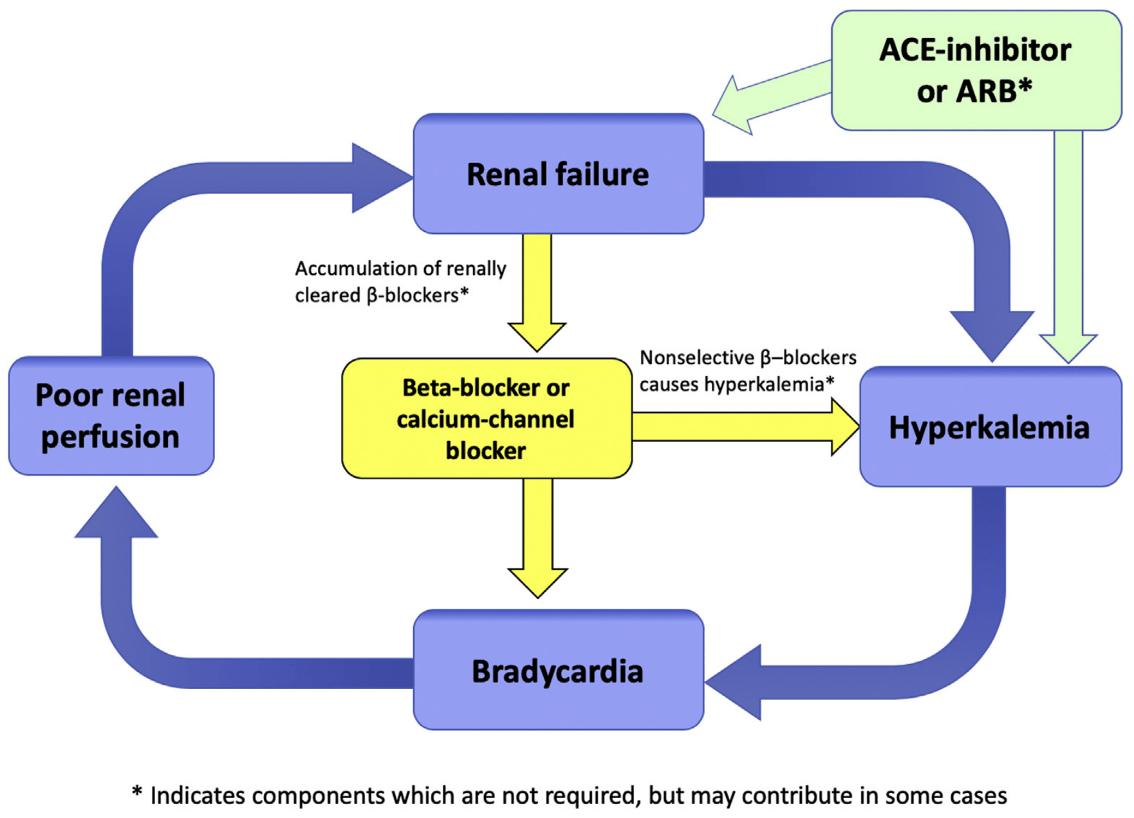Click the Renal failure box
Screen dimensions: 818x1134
(558, 174)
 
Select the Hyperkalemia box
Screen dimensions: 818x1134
(990, 427)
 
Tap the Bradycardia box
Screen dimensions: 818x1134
(558, 671)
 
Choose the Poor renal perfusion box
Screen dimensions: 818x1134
(111, 416)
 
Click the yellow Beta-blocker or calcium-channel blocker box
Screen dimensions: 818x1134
(486, 419)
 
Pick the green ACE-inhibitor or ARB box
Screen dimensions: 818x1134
(976, 70)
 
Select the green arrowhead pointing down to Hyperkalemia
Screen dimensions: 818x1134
(1068, 348)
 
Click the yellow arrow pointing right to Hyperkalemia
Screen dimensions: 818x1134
(747, 427)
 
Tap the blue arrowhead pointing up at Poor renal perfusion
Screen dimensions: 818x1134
(116, 515)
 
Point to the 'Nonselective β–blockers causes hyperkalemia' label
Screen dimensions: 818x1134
(747, 371)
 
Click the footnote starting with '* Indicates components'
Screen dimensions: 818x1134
(569, 796)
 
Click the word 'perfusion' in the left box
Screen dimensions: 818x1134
(110, 437)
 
